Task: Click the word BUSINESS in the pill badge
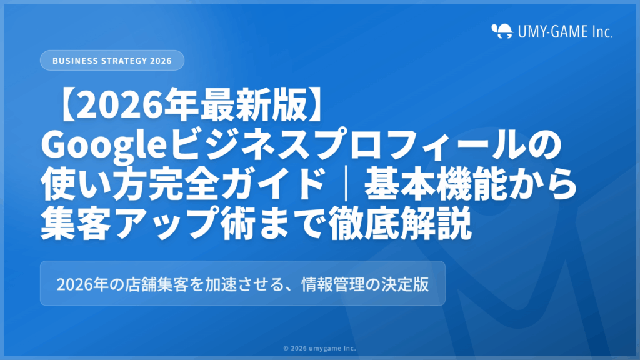pyautogui.click(x=74, y=61)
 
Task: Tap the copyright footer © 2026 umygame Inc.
pyautogui.click(x=319, y=349)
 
